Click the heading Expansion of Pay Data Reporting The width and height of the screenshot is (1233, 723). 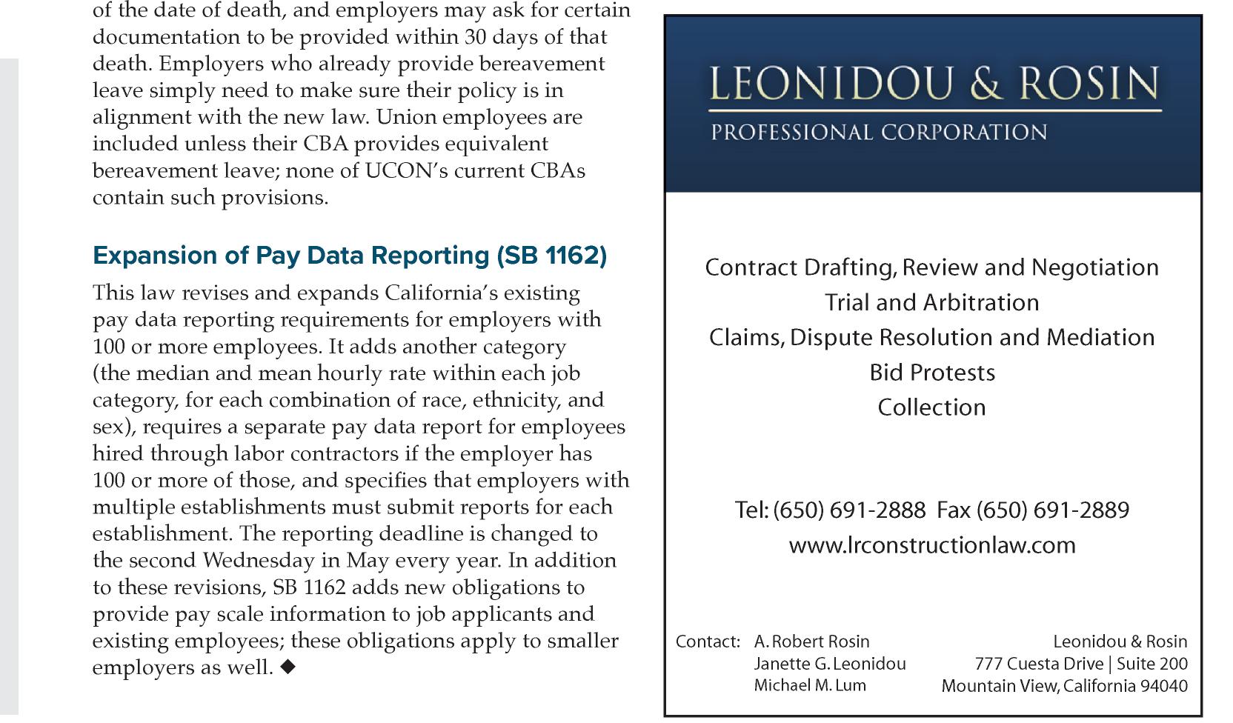coord(349,256)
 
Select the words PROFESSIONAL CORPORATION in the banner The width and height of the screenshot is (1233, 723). coord(879,133)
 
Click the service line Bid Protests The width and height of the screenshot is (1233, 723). coord(932,372)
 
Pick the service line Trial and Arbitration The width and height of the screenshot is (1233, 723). coord(932,302)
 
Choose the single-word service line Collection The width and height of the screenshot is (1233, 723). coord(932,407)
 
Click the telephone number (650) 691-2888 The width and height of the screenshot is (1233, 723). coord(848,510)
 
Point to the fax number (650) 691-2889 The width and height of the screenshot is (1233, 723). coord(1052,510)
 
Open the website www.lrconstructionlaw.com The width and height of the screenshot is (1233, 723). coord(932,545)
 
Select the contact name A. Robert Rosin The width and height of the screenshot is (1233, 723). coord(811,642)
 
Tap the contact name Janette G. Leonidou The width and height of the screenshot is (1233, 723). coord(829,664)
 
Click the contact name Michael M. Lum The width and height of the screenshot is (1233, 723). coord(809,685)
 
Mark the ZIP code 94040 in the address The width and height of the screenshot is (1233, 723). coord(1163,686)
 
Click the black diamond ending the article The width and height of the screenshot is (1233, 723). coord(288,667)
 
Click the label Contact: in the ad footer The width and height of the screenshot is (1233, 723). coord(708,642)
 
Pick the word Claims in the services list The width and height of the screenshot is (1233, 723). coord(745,338)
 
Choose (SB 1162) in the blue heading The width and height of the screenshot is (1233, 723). coord(551,256)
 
